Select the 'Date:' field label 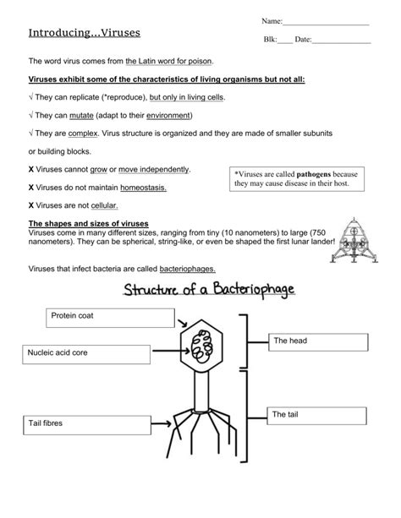tap(303, 40)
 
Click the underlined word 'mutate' tap(126, 114)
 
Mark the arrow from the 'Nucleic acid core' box tap(156, 347)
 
